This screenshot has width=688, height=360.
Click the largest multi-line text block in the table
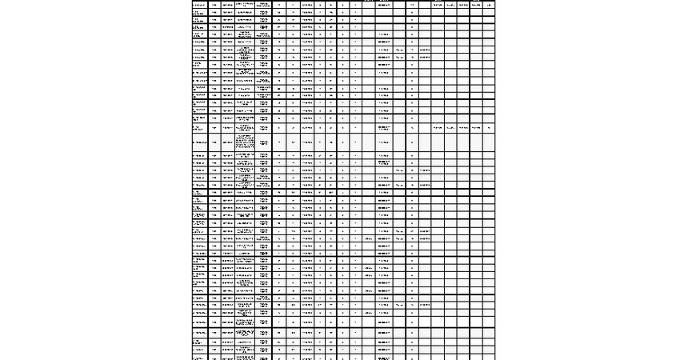(x=246, y=142)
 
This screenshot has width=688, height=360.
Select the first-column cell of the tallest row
(x=199, y=142)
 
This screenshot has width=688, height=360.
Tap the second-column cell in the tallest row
(x=214, y=142)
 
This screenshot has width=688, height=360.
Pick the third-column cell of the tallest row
(x=228, y=142)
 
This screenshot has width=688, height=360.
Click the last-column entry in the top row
(x=489, y=5)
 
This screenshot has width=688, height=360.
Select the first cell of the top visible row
(x=199, y=5)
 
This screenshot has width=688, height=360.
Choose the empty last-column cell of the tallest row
(x=489, y=142)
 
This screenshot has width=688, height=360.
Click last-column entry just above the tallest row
(x=489, y=128)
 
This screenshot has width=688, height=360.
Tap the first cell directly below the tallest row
(x=199, y=155)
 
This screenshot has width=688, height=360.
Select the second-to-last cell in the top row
(x=476, y=5)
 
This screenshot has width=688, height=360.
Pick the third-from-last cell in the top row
(x=463, y=5)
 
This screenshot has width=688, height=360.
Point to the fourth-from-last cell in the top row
(x=450, y=5)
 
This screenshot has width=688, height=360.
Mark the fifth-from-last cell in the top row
(x=438, y=5)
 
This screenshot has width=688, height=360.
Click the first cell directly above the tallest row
(x=199, y=128)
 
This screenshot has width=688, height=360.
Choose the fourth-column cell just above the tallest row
(x=246, y=128)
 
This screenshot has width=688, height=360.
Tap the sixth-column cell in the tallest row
(x=278, y=142)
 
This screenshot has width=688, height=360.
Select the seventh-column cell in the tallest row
(x=294, y=142)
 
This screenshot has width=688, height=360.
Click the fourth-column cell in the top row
(x=246, y=5)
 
